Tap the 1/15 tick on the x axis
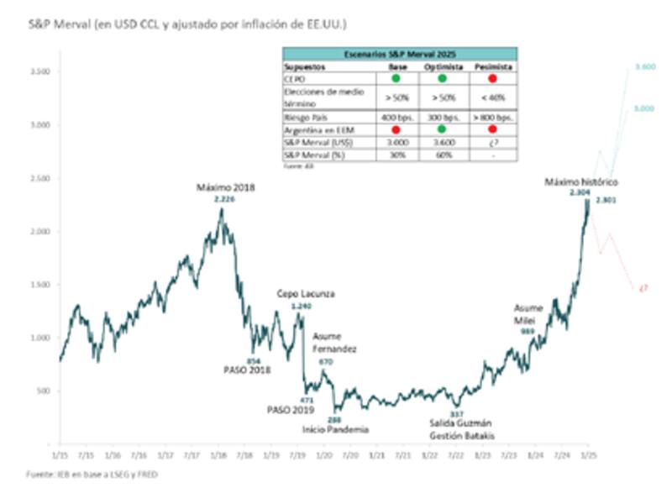(x=60, y=454)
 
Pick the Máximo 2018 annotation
(x=224, y=187)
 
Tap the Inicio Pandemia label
(x=334, y=428)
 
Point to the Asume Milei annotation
(x=528, y=314)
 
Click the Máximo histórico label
(x=580, y=181)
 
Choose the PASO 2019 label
(x=291, y=410)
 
